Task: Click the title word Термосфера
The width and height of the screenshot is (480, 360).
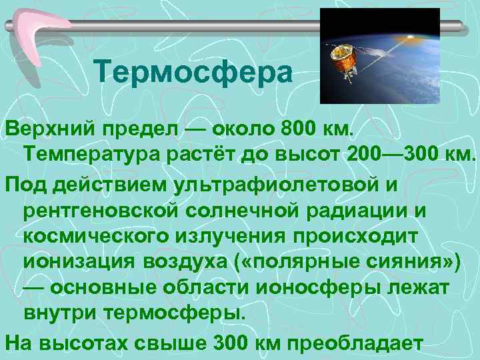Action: tap(193, 73)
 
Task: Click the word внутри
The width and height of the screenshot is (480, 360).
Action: tap(61, 313)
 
